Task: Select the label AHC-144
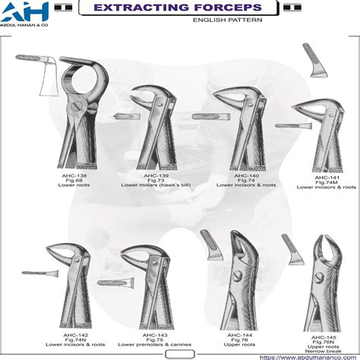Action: point(237,335)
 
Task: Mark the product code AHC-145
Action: point(324,337)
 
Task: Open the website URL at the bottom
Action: point(308,357)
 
